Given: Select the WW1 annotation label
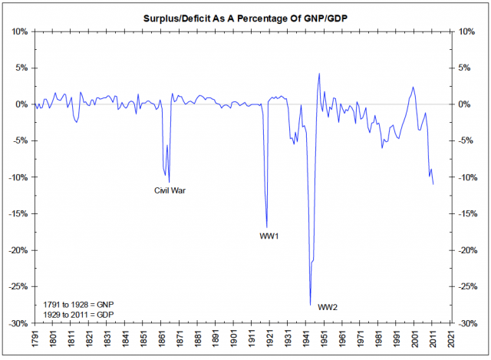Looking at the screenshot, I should click(269, 236).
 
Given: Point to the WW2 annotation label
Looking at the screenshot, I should click(328, 307).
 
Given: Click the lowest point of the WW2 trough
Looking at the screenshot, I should click(310, 305).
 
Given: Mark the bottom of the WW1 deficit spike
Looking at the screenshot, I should click(266, 226).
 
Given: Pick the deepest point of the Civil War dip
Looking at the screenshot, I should click(169, 182).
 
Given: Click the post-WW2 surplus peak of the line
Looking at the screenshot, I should click(319, 74).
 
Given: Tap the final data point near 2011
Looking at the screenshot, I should click(433, 184).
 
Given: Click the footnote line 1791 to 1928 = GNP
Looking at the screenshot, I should click(74, 305).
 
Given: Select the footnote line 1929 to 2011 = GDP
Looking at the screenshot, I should click(74, 315).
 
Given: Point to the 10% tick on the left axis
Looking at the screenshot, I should click(20, 31).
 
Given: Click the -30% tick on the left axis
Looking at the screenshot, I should click(18, 323).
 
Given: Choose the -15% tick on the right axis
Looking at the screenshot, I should click(470, 213).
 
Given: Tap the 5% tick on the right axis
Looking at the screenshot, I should click(466, 68).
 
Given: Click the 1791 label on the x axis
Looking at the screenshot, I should click(35, 340).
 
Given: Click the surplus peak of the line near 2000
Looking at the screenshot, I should click(413, 87).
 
